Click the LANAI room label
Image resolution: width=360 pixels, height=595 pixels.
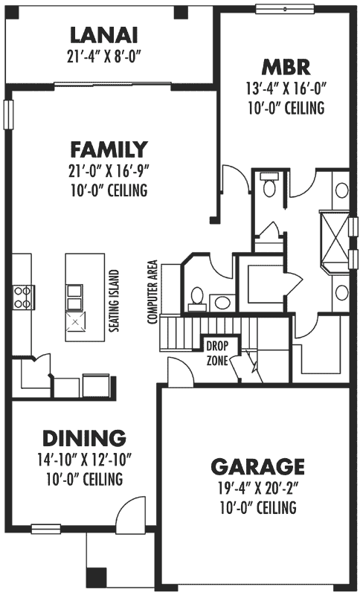[104, 35]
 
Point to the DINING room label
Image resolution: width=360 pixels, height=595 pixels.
[83, 438]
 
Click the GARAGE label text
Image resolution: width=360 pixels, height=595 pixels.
[257, 467]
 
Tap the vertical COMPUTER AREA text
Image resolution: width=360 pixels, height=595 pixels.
[153, 292]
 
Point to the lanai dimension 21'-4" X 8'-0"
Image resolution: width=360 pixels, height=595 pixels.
[104, 54]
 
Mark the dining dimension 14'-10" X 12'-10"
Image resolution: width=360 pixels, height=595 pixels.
[83, 460]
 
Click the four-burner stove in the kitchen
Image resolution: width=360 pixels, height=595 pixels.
[22, 296]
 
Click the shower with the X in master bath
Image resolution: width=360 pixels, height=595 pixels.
[335, 239]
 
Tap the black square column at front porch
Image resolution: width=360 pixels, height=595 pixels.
[96, 576]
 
